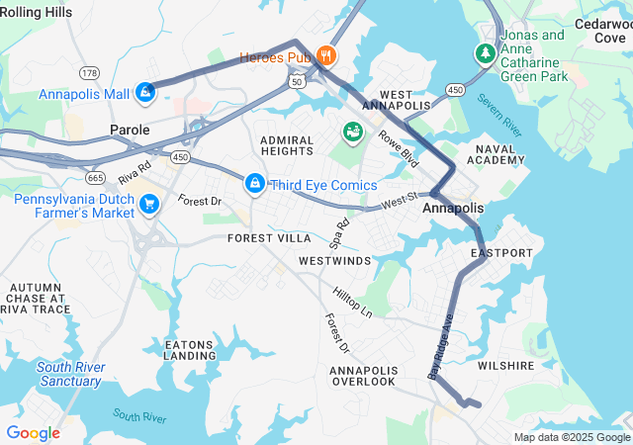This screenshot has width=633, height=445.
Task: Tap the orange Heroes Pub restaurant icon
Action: (x=324, y=56)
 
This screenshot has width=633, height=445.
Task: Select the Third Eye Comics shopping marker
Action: (x=255, y=184)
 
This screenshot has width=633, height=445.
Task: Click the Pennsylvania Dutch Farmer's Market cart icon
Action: (x=149, y=205)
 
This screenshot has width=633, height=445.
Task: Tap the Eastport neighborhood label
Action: (x=501, y=253)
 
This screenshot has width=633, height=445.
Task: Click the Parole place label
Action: (x=130, y=130)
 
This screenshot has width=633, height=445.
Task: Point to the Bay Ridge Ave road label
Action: (x=440, y=347)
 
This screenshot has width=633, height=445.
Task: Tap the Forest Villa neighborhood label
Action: (x=269, y=238)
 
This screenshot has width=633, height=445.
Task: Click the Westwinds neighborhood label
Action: (x=334, y=260)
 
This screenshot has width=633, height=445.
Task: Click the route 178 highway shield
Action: (x=90, y=73)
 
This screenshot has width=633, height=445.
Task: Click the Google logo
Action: (x=33, y=433)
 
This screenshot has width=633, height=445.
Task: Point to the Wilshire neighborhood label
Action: (x=505, y=365)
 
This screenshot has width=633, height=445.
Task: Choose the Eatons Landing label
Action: (x=189, y=350)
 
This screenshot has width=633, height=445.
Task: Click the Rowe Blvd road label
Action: (x=399, y=148)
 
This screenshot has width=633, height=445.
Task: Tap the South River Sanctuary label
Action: (x=69, y=374)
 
